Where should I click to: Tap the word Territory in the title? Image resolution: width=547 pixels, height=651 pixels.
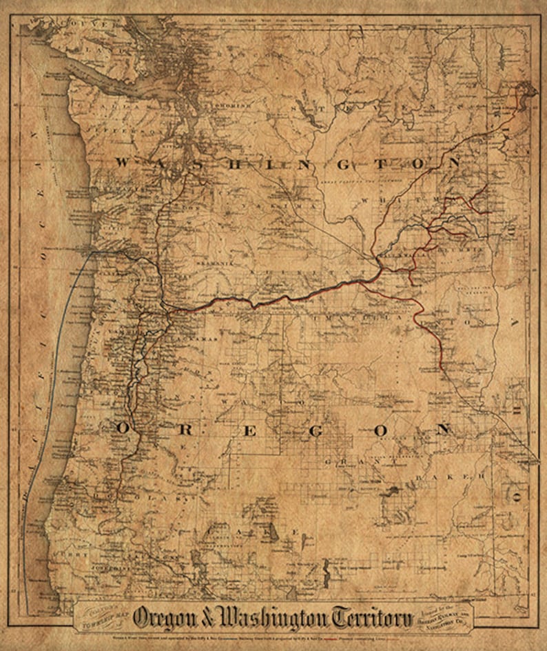372,617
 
